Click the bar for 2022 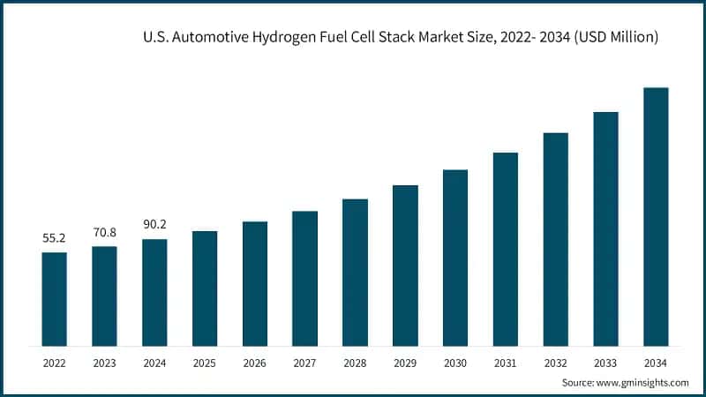tap(54, 298)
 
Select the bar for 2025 tap(205, 288)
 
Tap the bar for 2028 tap(355, 272)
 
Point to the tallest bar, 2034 tap(656, 216)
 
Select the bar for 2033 tap(605, 228)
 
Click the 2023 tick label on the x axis tap(104, 362)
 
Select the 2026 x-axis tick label tap(255, 362)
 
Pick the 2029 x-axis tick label tap(405, 362)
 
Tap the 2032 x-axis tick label tap(555, 362)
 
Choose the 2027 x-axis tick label tap(304, 362)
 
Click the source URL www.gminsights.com tap(643, 383)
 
